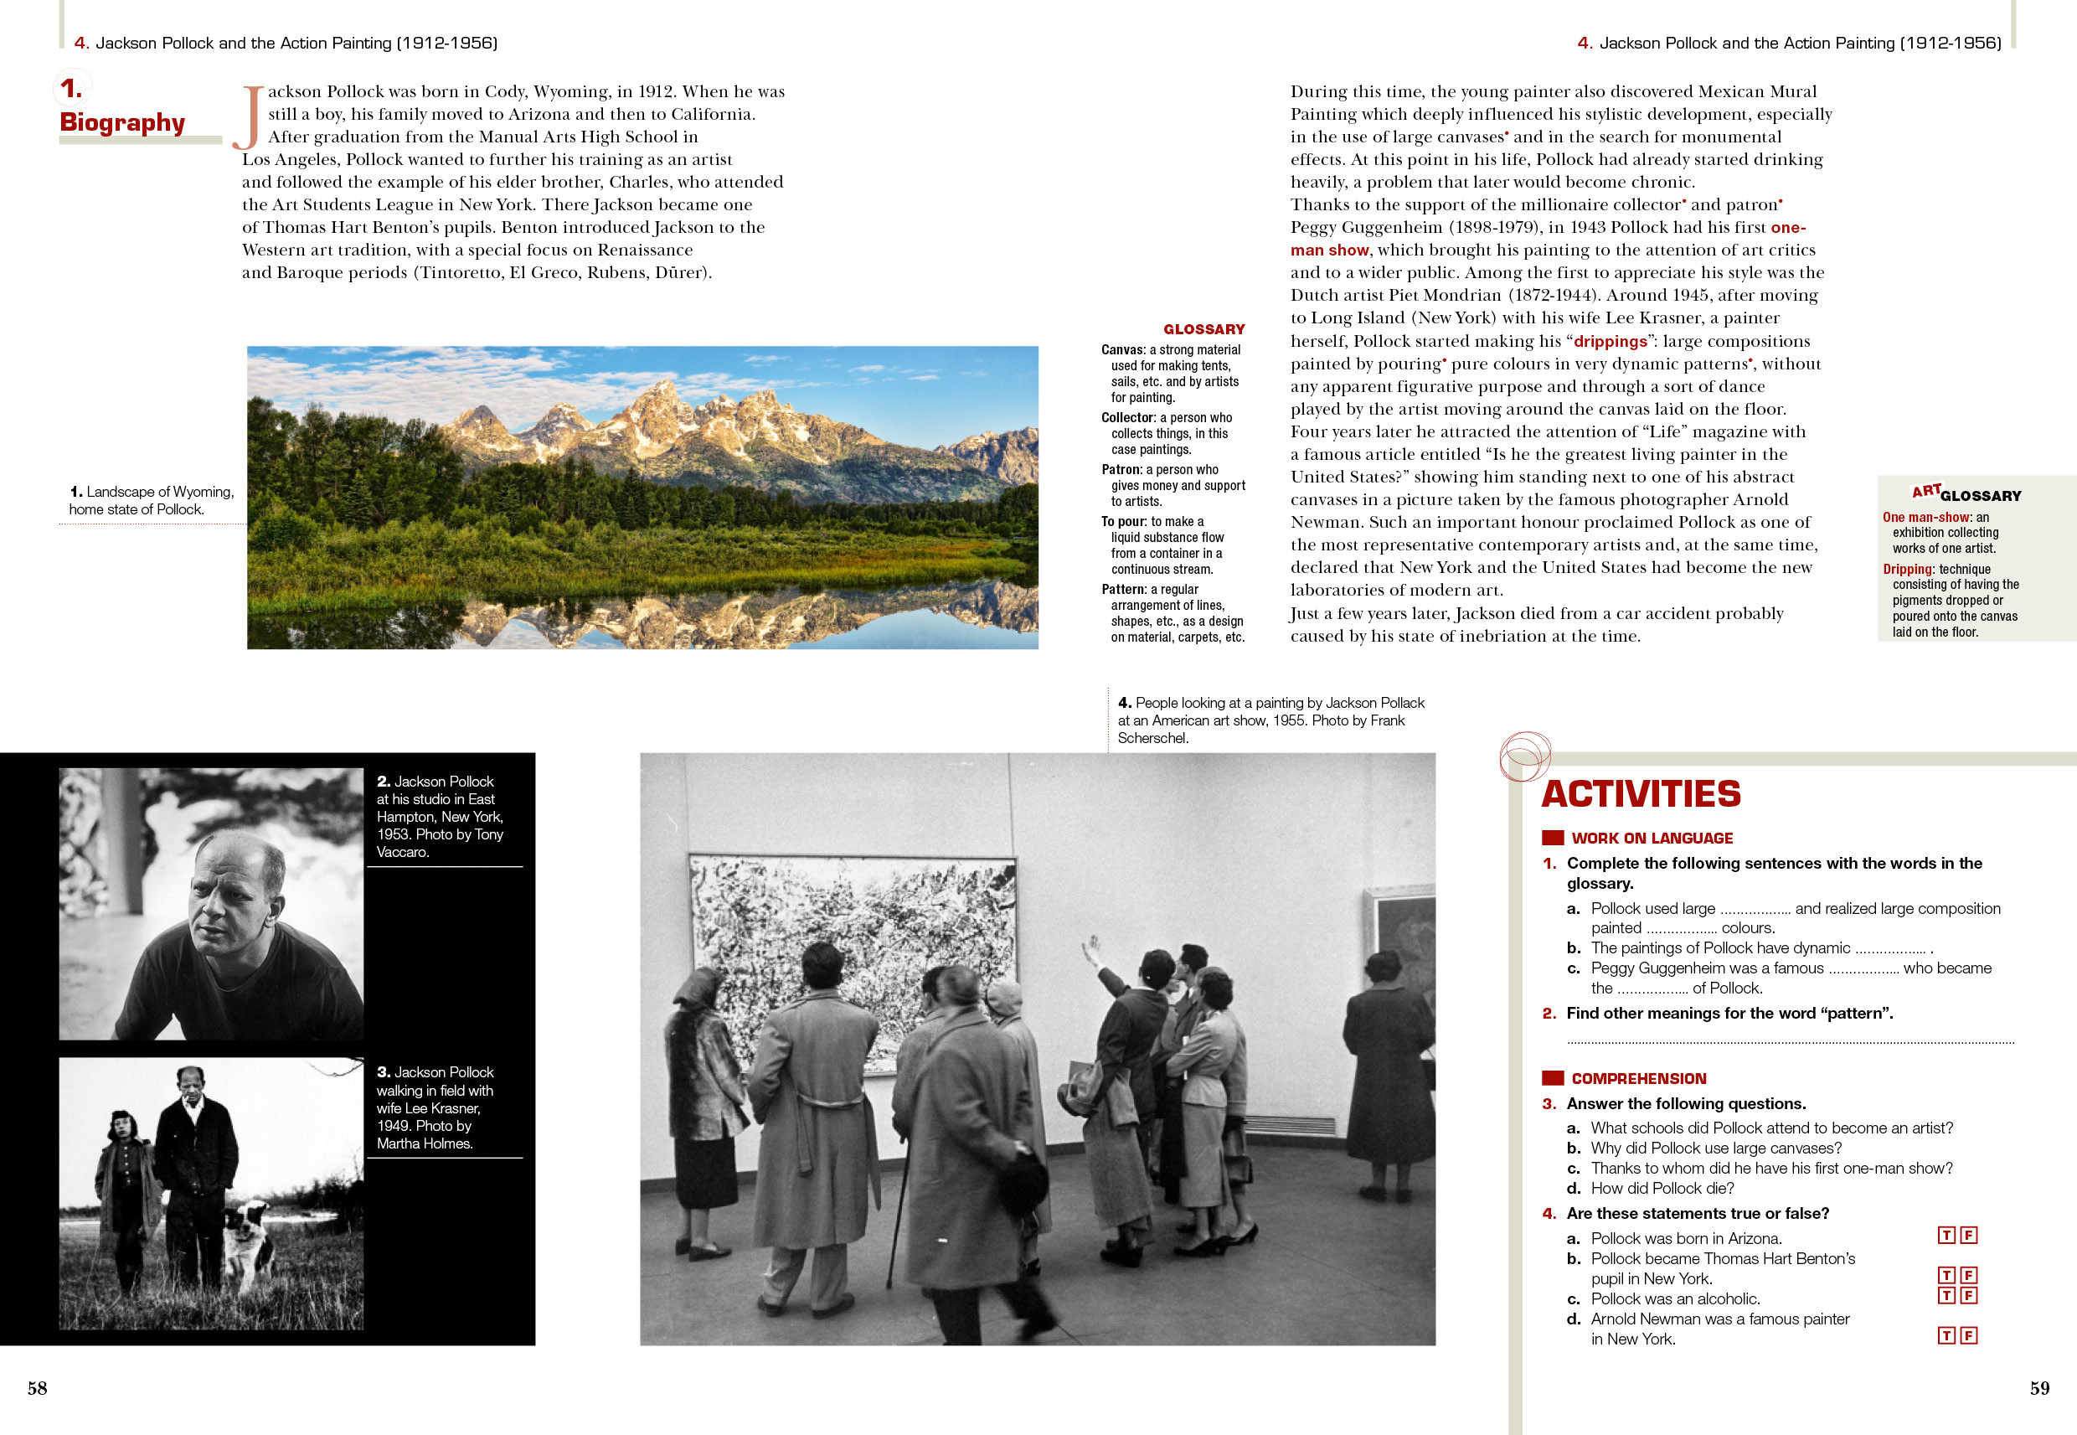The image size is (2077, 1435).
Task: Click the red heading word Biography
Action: tap(122, 122)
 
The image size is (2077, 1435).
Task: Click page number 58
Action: tap(37, 1387)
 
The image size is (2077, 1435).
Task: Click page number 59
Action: tap(2039, 1387)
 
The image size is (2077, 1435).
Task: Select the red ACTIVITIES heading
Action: tap(1641, 794)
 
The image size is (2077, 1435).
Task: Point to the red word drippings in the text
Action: tap(1610, 342)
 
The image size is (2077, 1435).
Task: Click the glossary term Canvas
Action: tap(1122, 350)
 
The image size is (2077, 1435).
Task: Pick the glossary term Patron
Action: tap(1121, 469)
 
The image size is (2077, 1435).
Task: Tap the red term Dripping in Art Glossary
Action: tap(1907, 569)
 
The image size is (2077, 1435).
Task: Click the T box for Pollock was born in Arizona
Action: tap(1946, 1236)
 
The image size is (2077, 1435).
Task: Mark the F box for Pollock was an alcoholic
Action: tap(1968, 1296)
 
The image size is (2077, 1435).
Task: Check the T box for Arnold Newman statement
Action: tap(1946, 1335)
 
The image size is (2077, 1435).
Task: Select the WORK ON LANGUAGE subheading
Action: tap(1652, 838)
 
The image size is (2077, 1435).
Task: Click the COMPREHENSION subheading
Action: tap(1638, 1079)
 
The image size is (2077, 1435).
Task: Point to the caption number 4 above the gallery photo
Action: tap(1124, 703)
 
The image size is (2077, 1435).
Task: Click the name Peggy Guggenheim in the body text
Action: tap(1365, 228)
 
